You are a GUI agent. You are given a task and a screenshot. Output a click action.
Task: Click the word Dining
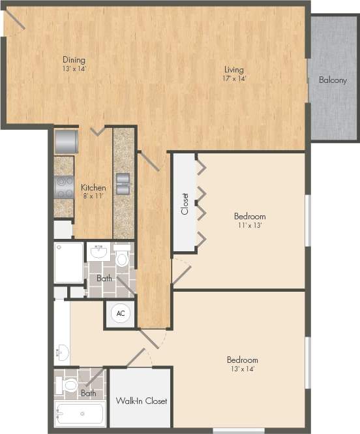click(x=74, y=60)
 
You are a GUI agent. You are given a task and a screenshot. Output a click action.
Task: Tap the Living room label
click(x=234, y=70)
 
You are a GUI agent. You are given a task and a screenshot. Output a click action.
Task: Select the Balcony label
click(x=333, y=80)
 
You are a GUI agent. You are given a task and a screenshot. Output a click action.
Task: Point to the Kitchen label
click(x=93, y=187)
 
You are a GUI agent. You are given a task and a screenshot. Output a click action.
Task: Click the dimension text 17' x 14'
click(x=234, y=79)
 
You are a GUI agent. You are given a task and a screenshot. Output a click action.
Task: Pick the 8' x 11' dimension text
click(x=93, y=196)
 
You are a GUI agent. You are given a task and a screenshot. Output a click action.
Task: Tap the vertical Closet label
click(x=185, y=204)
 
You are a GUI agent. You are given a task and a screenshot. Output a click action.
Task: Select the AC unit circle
click(x=121, y=313)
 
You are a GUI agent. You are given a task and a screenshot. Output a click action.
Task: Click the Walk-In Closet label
click(x=141, y=401)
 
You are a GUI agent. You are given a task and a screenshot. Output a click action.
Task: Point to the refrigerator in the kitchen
click(x=66, y=141)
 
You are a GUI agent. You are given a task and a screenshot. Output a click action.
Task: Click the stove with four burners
click(x=63, y=187)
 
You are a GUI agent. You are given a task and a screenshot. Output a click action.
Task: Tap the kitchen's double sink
click(x=123, y=183)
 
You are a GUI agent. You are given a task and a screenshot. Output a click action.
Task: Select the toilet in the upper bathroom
click(x=122, y=257)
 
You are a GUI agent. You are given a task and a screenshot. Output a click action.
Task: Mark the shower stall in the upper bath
click(x=68, y=262)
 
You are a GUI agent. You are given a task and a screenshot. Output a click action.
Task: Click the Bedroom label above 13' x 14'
click(x=242, y=360)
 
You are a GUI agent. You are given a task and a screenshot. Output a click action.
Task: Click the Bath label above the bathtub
click(x=88, y=394)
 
